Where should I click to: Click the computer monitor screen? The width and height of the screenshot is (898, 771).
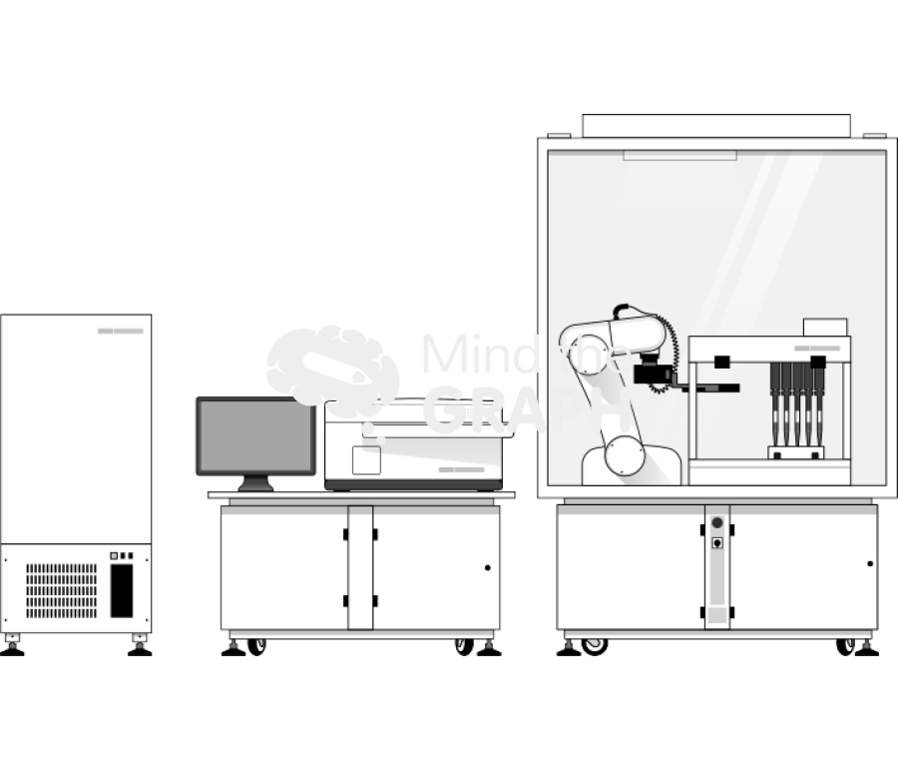[255, 436]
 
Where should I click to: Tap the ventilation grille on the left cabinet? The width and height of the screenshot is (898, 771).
[62, 589]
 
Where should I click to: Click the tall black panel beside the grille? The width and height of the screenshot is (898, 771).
[121, 590]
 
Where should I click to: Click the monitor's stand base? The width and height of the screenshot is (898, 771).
[256, 486]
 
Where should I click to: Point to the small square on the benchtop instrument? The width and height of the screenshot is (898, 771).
[366, 459]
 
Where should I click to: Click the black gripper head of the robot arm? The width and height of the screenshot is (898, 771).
[654, 376]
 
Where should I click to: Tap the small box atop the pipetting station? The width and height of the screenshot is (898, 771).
[825, 327]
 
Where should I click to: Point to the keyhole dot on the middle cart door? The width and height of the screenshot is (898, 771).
[487, 567]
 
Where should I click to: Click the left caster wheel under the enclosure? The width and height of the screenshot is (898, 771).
[595, 645]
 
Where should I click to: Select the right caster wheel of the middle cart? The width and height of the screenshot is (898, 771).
[464, 646]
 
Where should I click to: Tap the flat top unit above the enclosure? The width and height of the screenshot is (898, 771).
[715, 126]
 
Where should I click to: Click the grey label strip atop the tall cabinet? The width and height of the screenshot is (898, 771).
[121, 331]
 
